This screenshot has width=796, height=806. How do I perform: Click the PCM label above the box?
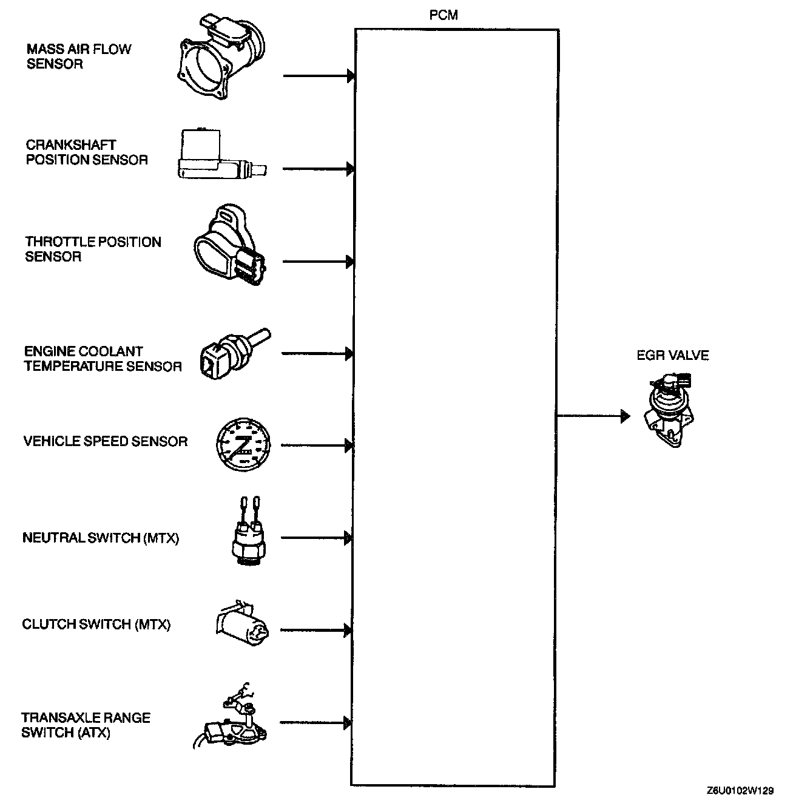click(x=443, y=16)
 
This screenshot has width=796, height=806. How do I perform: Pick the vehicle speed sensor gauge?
click(x=243, y=445)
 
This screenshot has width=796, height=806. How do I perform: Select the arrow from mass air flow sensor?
click(x=318, y=76)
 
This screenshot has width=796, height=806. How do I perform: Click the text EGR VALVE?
click(x=672, y=356)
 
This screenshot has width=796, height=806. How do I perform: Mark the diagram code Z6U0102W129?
click(x=740, y=791)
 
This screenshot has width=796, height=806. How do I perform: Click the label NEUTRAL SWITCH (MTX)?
click(x=101, y=538)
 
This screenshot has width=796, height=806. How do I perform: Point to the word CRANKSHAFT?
click(x=71, y=145)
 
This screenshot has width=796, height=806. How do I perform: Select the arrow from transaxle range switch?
click(x=315, y=723)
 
